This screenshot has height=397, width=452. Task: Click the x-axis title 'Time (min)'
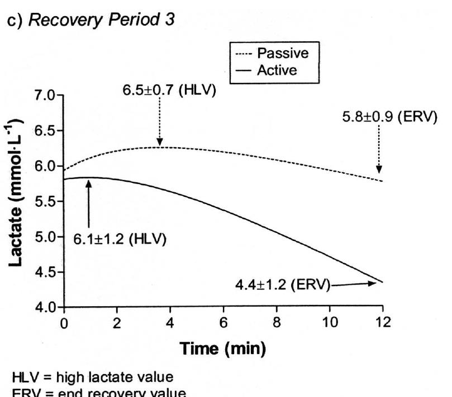coord(222,350)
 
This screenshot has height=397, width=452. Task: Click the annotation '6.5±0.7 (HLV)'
coord(169,91)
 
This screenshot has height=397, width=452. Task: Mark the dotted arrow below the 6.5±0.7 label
coord(160,123)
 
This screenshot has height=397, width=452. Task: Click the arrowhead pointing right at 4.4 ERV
coord(372,283)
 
